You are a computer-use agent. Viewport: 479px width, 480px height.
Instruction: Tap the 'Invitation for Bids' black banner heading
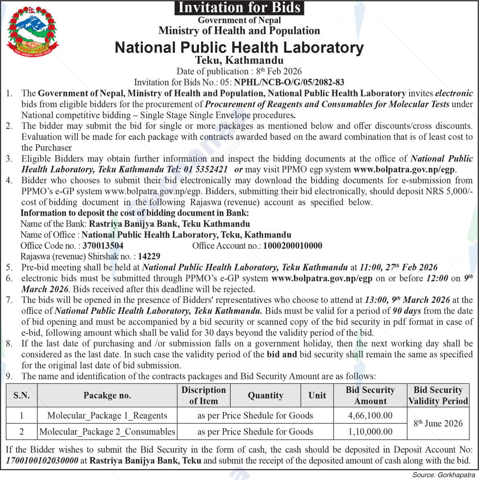point(239,8)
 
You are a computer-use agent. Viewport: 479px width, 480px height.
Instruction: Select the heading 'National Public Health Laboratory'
point(239,47)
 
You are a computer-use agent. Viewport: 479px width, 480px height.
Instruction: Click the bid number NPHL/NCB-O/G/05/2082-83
point(289,82)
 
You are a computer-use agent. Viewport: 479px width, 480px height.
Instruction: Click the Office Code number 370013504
point(103,246)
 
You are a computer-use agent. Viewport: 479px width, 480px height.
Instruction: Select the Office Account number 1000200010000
point(292,246)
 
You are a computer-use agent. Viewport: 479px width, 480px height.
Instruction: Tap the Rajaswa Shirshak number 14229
point(149,256)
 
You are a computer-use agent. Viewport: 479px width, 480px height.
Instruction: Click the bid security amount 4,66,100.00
point(370,416)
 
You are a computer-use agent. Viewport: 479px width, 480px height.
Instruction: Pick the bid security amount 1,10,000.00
point(370,432)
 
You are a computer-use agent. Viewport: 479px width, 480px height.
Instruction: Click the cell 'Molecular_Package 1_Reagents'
point(107,416)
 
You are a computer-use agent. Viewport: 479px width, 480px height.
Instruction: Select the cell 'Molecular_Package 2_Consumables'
point(107,432)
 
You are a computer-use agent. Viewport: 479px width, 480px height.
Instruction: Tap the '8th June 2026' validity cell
point(438,423)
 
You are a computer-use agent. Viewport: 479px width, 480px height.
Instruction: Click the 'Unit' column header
point(317,395)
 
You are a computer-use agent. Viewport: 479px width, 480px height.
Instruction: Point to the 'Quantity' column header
point(266,395)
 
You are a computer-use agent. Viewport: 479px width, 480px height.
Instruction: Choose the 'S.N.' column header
point(21,395)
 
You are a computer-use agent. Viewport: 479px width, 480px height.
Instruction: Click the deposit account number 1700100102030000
point(43,461)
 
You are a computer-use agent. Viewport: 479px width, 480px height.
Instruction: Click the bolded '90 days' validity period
point(407,311)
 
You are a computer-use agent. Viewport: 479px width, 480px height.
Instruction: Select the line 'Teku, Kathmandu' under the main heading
point(239,60)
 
